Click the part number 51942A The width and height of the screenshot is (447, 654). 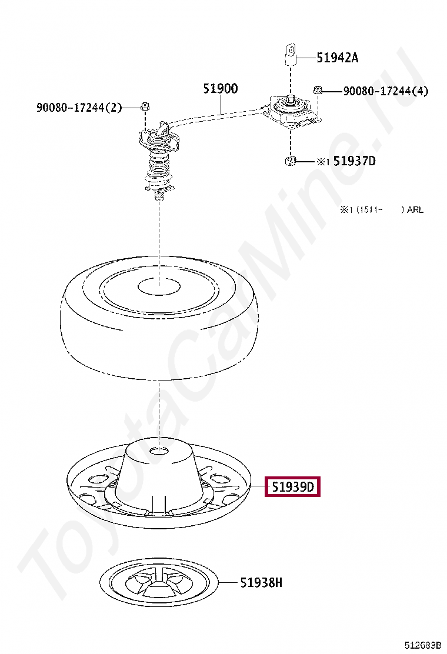click(x=337, y=58)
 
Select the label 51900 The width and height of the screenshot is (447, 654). click(x=221, y=88)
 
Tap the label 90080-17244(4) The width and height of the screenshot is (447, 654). click(x=386, y=91)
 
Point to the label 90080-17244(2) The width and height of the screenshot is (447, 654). click(x=79, y=108)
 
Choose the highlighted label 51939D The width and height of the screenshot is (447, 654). click(x=293, y=487)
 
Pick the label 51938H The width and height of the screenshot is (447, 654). click(x=261, y=582)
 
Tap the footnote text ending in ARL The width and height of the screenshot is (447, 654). click(x=382, y=209)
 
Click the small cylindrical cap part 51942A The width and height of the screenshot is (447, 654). click(x=291, y=55)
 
